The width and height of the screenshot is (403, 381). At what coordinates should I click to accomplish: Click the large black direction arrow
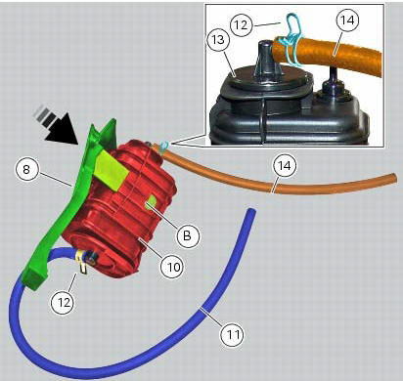pos(57,125)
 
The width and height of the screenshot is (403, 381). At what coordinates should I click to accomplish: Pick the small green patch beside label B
pos(152,205)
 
